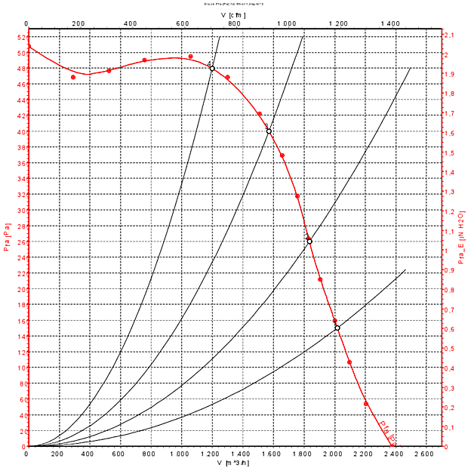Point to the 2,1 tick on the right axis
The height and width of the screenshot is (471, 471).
coord(448,35)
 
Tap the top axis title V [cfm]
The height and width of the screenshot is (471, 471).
coord(234,14)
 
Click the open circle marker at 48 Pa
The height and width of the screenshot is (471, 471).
coord(212,68)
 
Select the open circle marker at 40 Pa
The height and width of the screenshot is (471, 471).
coord(269,131)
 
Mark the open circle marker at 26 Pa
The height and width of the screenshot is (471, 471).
coord(309,242)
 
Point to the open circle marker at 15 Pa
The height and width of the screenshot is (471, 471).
coord(337,328)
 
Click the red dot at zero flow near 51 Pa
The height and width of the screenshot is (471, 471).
coord(28,47)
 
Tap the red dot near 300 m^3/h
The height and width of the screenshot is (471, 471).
coord(73,77)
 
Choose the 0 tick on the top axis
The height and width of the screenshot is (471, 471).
coord(27,24)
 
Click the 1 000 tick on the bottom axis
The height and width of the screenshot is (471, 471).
coord(180,454)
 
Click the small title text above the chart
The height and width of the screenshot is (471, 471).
coord(235,4)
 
